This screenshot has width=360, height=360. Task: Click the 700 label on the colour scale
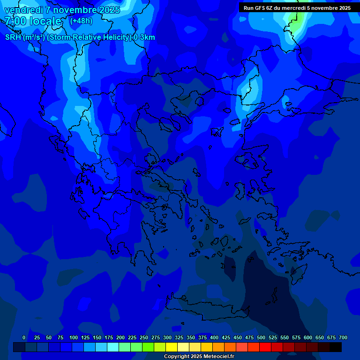click(343, 337)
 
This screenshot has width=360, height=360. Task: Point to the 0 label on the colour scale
click(24, 337)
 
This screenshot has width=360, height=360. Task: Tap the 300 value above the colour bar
click(167, 337)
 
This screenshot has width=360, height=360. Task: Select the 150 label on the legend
click(97, 337)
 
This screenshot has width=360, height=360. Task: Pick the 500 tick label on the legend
click(261, 337)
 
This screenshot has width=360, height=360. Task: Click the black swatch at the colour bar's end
click(336, 347)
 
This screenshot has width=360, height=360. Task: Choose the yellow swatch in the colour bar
click(172, 347)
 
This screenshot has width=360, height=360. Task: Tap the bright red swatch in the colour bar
click(265, 347)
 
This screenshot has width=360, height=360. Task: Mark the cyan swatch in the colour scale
click(113, 347)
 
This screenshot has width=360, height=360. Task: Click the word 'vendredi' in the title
click(23, 10)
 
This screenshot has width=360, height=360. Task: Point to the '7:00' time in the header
click(15, 21)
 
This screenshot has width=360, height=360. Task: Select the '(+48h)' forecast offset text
click(81, 21)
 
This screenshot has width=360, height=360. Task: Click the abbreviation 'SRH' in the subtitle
click(13, 37)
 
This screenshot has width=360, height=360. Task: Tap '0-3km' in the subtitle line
click(144, 37)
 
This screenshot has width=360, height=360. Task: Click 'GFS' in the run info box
click(260, 8)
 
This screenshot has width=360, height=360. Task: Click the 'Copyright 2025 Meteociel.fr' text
click(199, 357)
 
